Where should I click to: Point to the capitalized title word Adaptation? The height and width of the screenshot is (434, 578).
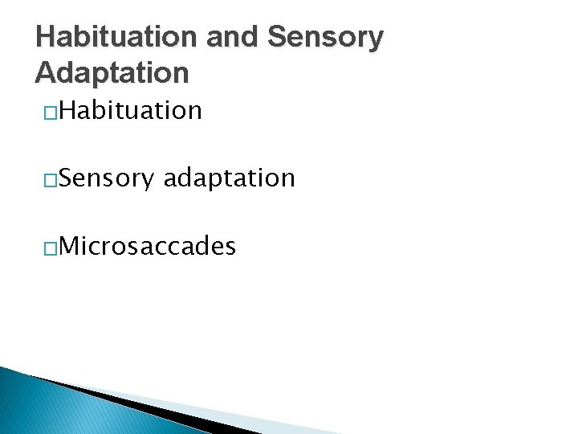pyautogui.click(x=112, y=73)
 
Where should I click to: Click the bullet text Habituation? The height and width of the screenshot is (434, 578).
pyautogui.click(x=130, y=109)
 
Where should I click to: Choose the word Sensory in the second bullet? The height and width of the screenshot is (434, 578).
pyautogui.click(x=105, y=178)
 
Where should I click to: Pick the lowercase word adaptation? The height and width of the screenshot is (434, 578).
pyautogui.click(x=229, y=178)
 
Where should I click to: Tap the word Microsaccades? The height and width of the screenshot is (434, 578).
pyautogui.click(x=147, y=246)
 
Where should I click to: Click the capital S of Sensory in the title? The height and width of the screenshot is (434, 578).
pyautogui.click(x=275, y=38)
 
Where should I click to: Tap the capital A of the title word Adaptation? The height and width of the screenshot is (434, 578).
pyautogui.click(x=46, y=73)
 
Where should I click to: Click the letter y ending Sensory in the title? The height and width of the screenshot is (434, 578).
pyautogui.click(x=375, y=41)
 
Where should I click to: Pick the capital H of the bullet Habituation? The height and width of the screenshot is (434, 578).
pyautogui.click(x=67, y=109)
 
